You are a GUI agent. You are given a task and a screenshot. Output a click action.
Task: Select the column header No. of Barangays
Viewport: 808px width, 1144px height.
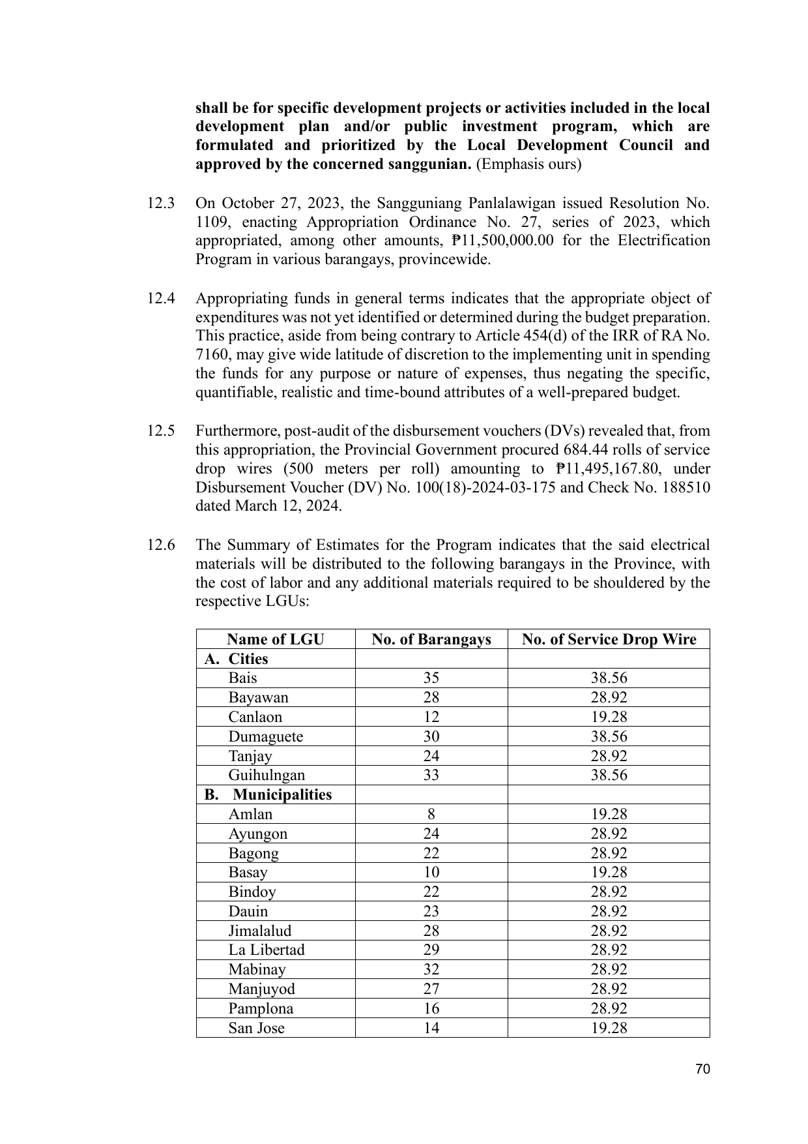[431, 639]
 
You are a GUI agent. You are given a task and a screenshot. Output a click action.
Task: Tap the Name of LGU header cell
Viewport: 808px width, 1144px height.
[275, 639]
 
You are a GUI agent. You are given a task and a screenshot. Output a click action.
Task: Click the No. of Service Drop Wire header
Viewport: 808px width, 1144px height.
[609, 639]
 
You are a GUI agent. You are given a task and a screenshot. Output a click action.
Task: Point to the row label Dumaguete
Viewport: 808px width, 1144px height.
[265, 736]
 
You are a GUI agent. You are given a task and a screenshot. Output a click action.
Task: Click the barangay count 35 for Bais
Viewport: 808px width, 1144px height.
[431, 678]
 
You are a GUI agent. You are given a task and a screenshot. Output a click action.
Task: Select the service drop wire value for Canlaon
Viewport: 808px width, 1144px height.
[609, 717]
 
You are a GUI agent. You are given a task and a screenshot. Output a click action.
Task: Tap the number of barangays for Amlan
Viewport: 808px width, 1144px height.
[431, 814]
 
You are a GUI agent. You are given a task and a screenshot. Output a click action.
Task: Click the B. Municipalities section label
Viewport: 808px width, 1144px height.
[268, 794]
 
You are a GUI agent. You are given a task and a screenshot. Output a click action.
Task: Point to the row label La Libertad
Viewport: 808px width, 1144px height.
[266, 950]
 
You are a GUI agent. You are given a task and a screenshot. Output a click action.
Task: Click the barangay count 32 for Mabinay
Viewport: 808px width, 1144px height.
[431, 969]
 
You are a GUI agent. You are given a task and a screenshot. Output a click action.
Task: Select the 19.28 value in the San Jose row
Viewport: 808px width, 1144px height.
[609, 1028]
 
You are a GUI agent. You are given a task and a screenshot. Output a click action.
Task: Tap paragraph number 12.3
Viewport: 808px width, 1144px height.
[160, 203]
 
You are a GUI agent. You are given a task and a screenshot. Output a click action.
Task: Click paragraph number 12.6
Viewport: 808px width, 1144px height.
[160, 545]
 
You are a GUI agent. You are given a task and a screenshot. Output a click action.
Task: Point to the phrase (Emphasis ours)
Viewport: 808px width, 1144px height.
[528, 164]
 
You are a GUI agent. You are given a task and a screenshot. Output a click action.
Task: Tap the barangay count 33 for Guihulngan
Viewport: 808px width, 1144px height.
[431, 775]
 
